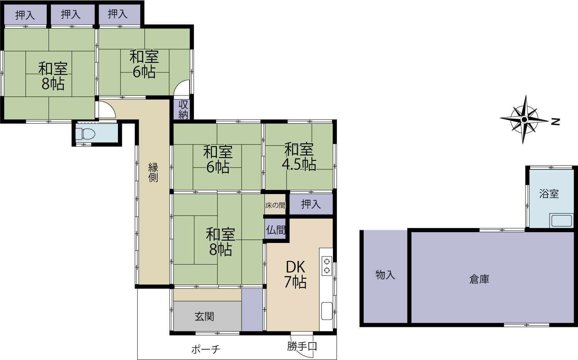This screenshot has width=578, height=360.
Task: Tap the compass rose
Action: click(x=524, y=120)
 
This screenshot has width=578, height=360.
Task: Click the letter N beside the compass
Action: click(x=555, y=122)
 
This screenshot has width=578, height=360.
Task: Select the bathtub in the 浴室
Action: click(x=561, y=221)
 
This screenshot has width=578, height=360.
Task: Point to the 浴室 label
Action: click(x=549, y=193)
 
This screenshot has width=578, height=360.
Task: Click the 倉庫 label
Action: click(x=479, y=279)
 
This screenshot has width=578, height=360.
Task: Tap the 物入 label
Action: click(x=385, y=275)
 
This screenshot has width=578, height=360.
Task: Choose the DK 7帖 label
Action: click(x=296, y=275)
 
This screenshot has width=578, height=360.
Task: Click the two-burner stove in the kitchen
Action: click(x=327, y=266)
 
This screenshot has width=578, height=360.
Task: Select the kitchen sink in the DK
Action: click(x=327, y=311)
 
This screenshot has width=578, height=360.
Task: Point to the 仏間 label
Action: click(x=276, y=230)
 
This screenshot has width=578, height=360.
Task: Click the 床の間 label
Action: click(x=276, y=206)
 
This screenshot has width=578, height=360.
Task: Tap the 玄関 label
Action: click(x=204, y=316)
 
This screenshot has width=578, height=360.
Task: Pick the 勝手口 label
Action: click(x=302, y=347)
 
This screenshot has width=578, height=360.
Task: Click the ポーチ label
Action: click(x=206, y=350)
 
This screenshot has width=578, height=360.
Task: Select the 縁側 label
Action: click(x=153, y=172)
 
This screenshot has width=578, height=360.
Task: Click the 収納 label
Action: click(x=183, y=110)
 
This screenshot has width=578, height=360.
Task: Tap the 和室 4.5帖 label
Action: click(x=299, y=157)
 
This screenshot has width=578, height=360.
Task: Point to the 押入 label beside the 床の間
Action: click(x=311, y=204)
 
